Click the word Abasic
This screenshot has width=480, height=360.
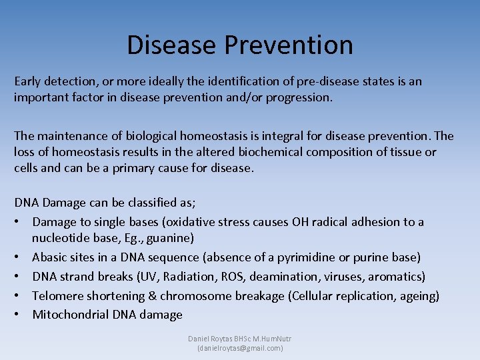(x=50, y=257)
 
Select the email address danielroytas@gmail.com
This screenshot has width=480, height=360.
(x=240, y=348)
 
